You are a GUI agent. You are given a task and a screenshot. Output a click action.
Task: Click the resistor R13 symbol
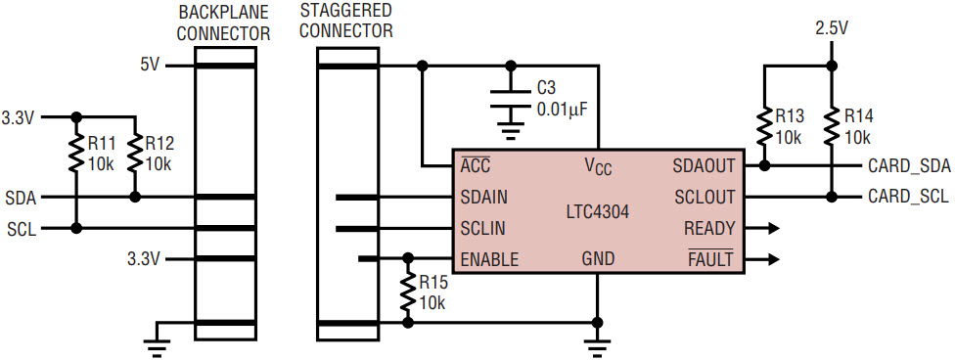(764, 126)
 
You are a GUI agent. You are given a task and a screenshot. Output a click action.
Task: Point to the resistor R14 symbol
(830, 126)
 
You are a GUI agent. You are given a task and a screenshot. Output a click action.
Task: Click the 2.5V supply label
(832, 27)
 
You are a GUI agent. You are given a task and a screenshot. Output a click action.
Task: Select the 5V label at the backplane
(150, 65)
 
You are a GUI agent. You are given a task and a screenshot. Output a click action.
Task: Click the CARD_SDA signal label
(907, 165)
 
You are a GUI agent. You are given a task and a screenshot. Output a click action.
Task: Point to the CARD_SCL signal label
(907, 197)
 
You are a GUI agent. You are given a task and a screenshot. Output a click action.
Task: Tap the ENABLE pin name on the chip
(489, 260)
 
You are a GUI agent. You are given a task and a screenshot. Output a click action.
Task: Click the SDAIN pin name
(484, 197)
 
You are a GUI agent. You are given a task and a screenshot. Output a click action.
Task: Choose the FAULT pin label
(710, 259)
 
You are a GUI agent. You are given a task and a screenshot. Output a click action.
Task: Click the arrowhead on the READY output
(773, 229)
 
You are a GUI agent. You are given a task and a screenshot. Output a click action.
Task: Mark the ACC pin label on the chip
(476, 164)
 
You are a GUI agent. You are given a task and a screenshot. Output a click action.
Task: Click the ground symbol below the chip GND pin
(598, 348)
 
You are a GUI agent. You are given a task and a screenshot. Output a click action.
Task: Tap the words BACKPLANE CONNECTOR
(223, 23)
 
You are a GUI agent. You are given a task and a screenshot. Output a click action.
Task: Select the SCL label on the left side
(22, 229)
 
